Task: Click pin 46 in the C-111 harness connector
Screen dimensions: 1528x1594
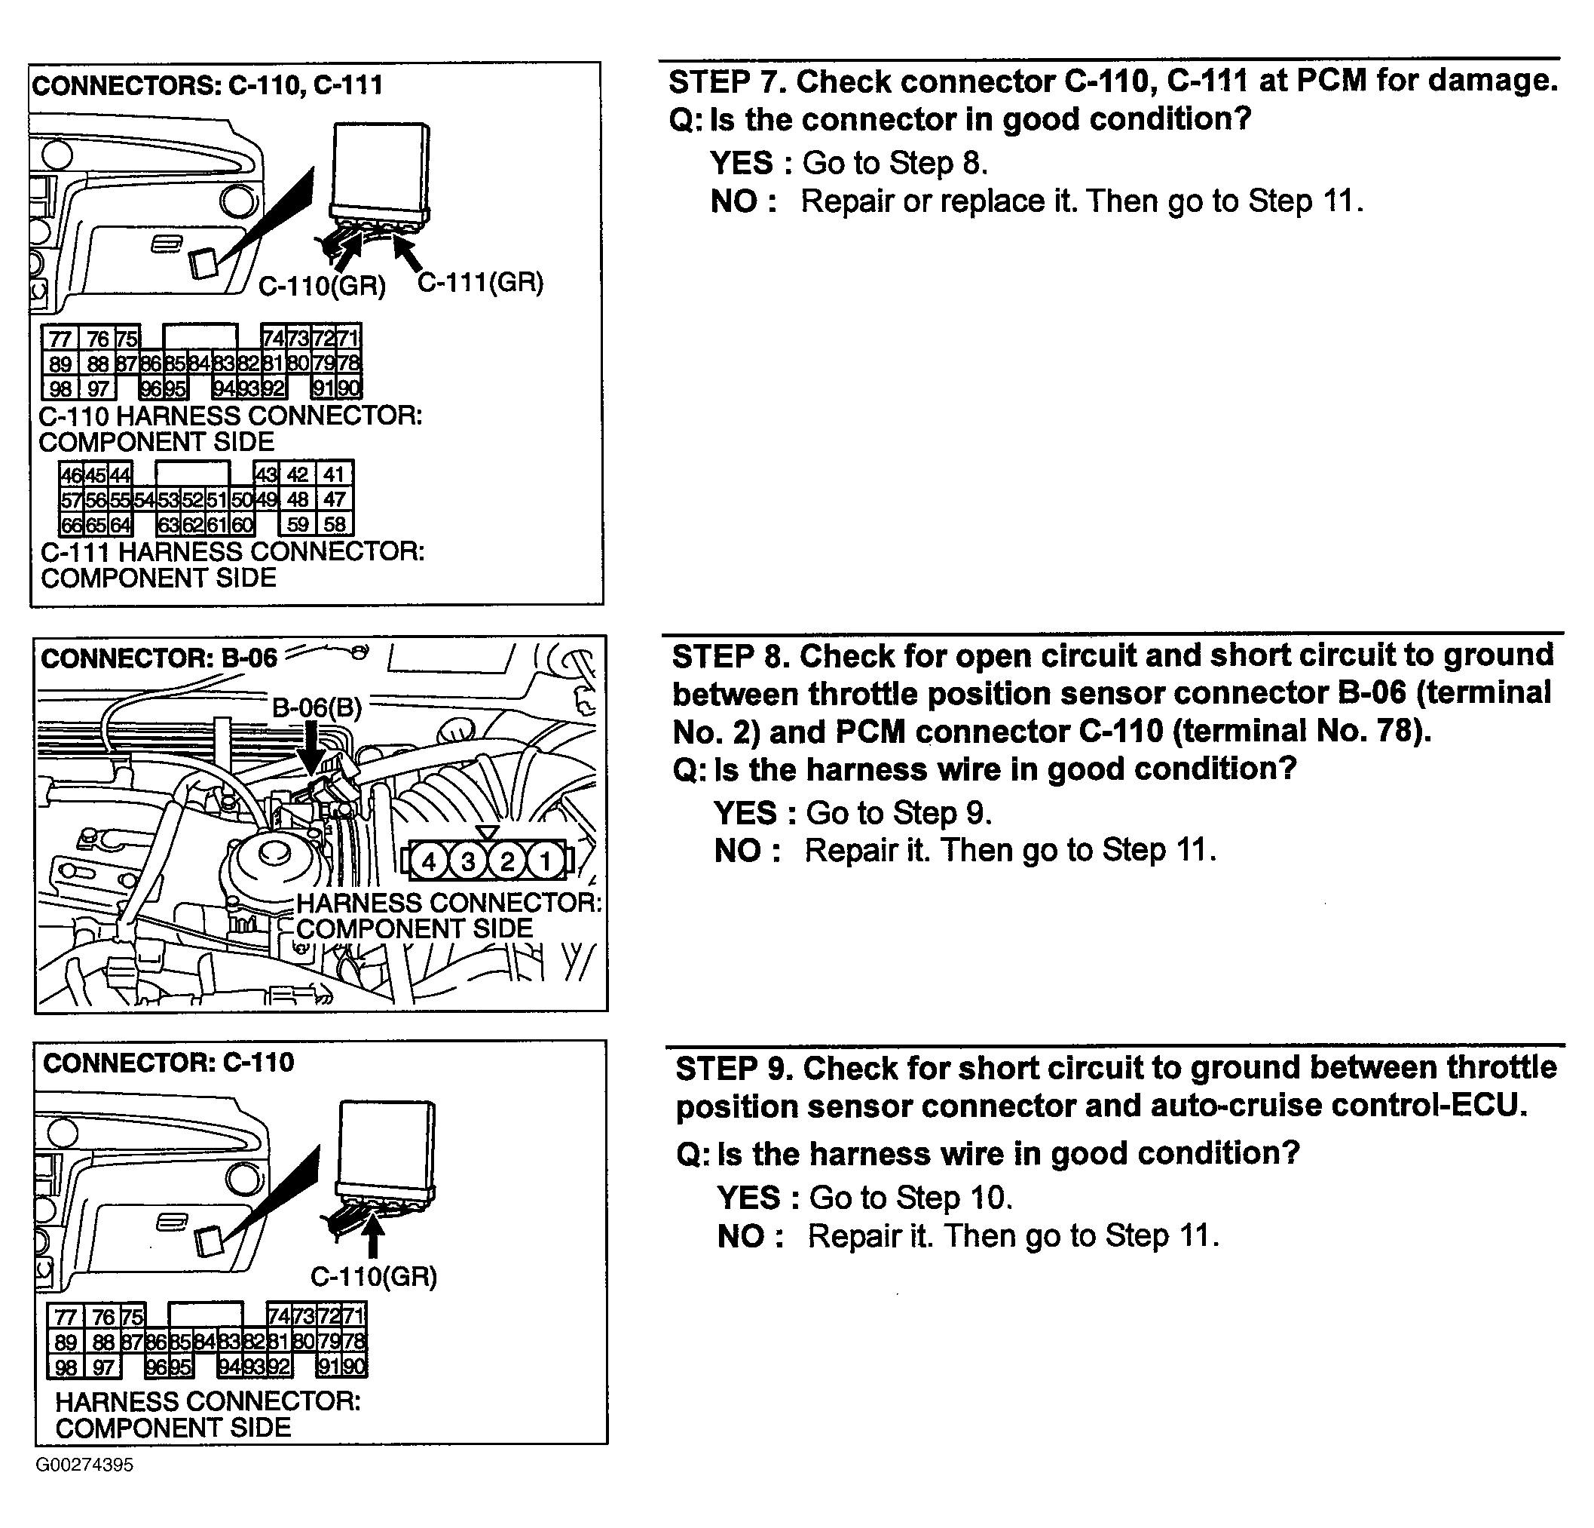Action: (72, 474)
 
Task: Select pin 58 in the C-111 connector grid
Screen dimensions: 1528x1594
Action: (335, 524)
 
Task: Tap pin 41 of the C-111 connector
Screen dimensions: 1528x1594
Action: (335, 474)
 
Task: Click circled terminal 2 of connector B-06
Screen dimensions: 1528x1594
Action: (506, 861)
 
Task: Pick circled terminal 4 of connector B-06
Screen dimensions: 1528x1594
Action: (430, 861)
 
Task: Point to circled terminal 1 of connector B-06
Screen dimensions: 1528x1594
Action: (546, 861)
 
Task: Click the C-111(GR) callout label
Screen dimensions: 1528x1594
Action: (480, 282)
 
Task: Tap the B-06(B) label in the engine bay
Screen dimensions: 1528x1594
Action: (317, 707)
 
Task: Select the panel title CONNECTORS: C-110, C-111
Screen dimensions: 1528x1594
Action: (207, 85)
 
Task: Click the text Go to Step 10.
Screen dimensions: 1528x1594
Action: (911, 1198)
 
